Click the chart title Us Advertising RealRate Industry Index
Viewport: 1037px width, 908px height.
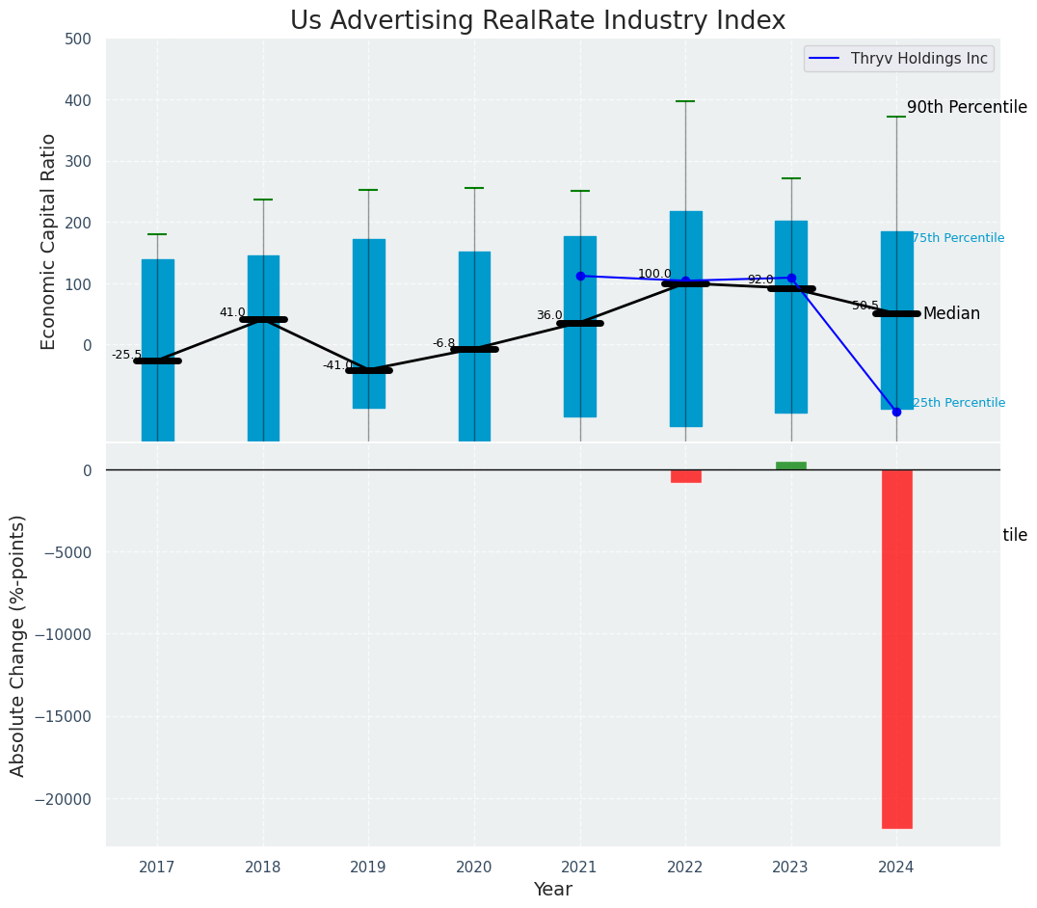tap(538, 21)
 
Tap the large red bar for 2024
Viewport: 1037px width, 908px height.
tap(896, 648)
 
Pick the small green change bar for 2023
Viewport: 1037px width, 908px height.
tap(791, 466)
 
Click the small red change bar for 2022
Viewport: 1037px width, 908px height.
tap(685, 476)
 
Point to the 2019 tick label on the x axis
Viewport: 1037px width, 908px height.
tap(368, 868)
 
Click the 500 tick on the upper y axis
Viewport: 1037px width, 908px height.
tap(78, 40)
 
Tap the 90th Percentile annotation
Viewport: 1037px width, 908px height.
tap(967, 107)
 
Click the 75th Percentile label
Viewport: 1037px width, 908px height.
tap(958, 238)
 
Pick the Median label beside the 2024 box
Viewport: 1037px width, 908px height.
tap(951, 314)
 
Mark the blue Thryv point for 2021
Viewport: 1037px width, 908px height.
tap(580, 276)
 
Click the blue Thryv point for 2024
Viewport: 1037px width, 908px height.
tap(896, 412)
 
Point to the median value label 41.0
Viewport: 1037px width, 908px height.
tap(232, 312)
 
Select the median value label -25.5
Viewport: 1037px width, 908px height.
tap(126, 355)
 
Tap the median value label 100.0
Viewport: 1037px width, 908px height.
tap(654, 274)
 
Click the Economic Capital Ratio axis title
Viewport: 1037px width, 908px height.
tap(49, 241)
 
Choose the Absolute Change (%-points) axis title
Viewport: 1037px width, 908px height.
tap(18, 646)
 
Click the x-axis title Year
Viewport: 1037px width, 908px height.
tap(553, 890)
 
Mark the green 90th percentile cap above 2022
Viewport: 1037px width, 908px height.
tap(685, 101)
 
